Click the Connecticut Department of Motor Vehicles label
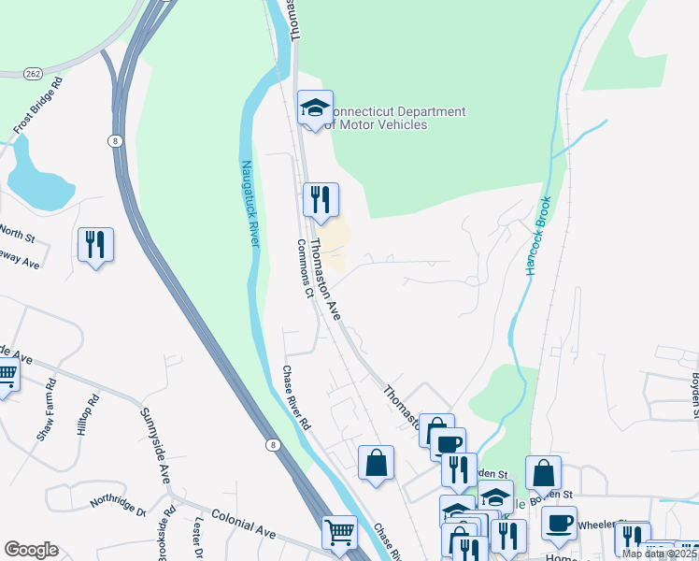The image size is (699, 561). tap(399, 119)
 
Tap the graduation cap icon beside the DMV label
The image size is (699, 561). tap(316, 108)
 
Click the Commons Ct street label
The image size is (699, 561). tap(304, 267)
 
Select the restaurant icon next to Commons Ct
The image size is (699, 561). tap(321, 199)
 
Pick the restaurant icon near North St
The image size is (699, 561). tap(95, 245)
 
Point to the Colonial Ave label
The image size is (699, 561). tap(243, 523)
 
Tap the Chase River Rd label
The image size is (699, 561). tap(297, 397)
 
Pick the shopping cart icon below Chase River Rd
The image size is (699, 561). tap(339, 533)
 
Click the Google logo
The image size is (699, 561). tap(31, 549)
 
